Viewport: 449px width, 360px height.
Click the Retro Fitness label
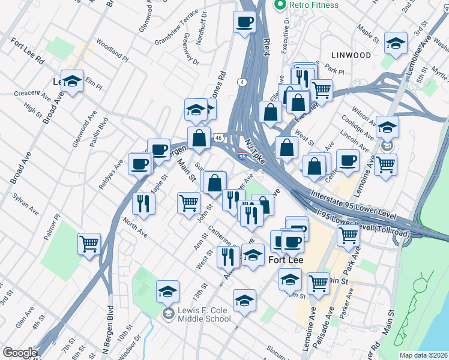[313, 5]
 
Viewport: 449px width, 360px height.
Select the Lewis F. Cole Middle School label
[196, 314]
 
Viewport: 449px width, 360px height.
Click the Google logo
[20, 353]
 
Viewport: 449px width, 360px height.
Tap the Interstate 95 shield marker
[242, 156]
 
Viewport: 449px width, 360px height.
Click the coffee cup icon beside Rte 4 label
[244, 23]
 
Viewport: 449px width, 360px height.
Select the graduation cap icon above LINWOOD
[396, 43]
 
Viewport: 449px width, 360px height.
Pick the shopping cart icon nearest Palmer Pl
[89, 244]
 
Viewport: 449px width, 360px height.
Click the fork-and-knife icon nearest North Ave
[143, 203]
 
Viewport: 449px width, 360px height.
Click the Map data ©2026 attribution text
[423, 355]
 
